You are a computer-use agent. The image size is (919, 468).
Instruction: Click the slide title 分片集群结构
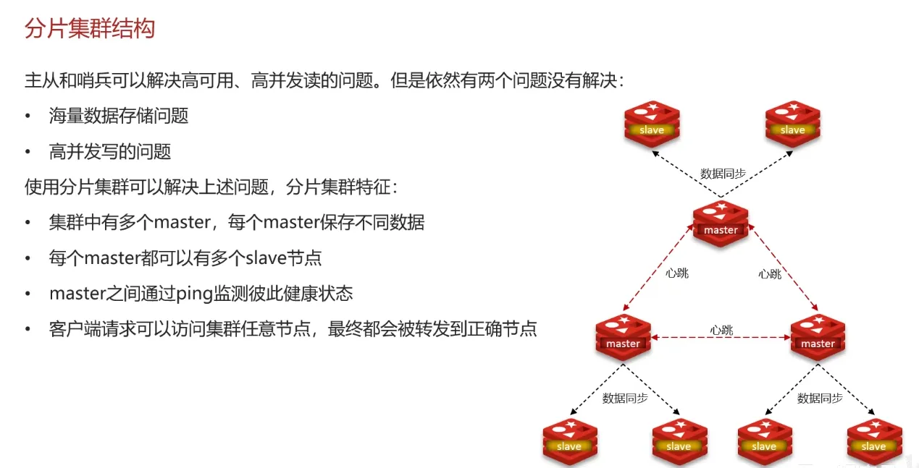pos(90,29)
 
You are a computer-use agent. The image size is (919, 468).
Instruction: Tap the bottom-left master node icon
pos(623,337)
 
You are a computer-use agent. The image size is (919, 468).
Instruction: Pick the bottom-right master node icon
pos(818,337)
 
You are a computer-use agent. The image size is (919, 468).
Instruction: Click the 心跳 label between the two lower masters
pos(721,330)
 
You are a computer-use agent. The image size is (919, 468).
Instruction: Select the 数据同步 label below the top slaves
pos(723,174)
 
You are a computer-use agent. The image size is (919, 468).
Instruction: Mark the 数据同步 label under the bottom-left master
pos(625,398)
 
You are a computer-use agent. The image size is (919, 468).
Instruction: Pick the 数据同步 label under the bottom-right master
pos(820,398)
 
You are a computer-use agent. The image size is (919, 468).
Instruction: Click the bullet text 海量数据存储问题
pos(119,116)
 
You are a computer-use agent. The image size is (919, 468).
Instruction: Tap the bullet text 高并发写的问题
pos(110,151)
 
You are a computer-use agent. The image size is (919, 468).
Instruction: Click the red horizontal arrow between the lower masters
pos(721,338)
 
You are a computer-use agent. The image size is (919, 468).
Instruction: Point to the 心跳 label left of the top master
pos(677,273)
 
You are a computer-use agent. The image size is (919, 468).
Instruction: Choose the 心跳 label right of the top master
pos(770,273)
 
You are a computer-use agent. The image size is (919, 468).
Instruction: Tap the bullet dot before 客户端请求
pos(28,329)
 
